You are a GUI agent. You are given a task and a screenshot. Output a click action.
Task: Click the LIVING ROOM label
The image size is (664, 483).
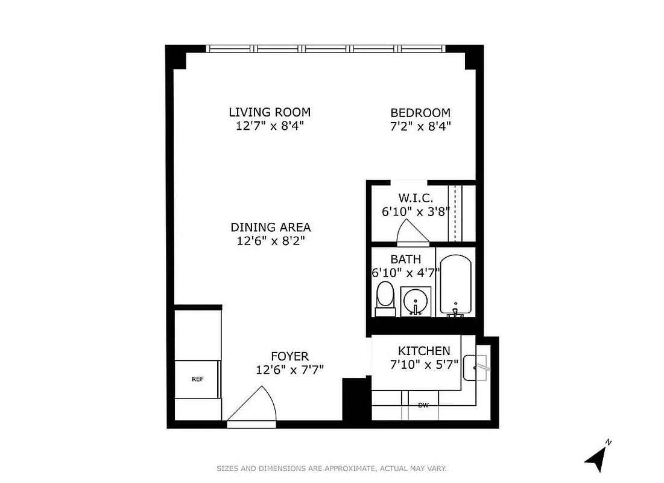tap(270, 112)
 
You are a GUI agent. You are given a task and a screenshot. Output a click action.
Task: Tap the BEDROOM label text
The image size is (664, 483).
tap(420, 113)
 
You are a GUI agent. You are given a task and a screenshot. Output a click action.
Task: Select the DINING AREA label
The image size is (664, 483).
tap(271, 228)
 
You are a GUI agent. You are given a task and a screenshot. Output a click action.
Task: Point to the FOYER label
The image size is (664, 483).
tap(289, 357)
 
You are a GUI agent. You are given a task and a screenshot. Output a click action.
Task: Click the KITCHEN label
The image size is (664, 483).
tap(424, 351)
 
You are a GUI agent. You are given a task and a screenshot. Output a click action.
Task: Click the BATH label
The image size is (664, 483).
tap(405, 260)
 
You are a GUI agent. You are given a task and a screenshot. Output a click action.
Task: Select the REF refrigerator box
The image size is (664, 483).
tap(197, 379)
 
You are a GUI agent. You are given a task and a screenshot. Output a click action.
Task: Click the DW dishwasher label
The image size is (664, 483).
tap(423, 405)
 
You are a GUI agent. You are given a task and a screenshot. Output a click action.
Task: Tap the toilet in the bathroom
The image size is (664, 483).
tap(385, 299)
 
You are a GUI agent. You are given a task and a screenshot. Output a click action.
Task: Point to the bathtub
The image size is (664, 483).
tap(457, 284)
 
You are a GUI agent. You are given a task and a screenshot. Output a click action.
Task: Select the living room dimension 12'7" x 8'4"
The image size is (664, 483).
tap(270, 126)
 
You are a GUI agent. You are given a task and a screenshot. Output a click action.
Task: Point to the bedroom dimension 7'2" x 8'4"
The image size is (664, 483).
tap(420, 126)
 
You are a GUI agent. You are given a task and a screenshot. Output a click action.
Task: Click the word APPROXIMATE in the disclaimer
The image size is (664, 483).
tap(346, 469)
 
